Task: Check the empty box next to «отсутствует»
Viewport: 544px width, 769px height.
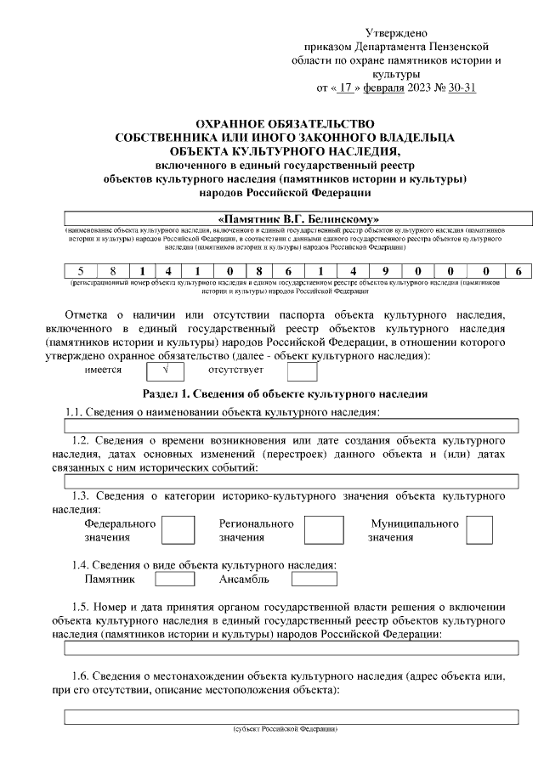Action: coord(302,370)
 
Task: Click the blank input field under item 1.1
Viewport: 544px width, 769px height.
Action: coord(292,426)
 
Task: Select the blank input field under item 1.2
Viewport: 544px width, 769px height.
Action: coord(292,481)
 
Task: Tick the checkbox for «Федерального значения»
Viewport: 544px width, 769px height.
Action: coord(177,531)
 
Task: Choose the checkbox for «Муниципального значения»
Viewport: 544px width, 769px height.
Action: coord(479,531)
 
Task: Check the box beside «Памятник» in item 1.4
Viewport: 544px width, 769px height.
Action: coord(175,580)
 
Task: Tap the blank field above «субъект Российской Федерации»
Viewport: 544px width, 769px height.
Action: coord(292,717)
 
